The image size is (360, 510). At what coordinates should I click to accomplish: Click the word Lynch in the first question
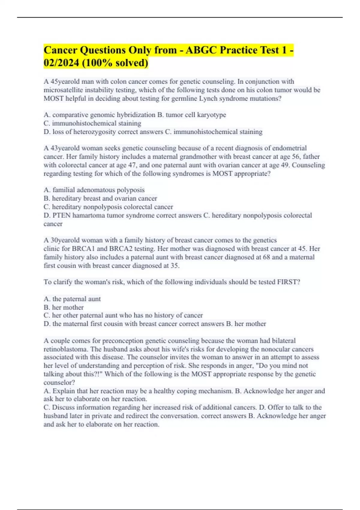click(x=208, y=98)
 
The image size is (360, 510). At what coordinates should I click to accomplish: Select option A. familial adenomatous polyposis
click(x=94, y=190)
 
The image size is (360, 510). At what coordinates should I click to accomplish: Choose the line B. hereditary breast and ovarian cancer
click(x=100, y=198)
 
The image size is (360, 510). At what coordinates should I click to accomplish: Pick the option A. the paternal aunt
click(x=72, y=299)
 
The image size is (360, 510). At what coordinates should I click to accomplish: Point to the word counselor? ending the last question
click(x=59, y=382)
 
